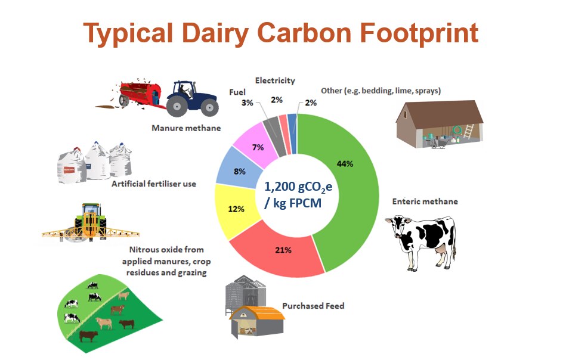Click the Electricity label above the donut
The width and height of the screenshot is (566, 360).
[274, 80]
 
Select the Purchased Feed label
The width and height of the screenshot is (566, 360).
[321, 306]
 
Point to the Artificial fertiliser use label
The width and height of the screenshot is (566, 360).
[154, 184]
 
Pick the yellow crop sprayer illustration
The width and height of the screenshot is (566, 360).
[89, 224]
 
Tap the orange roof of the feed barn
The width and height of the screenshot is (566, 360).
[256, 312]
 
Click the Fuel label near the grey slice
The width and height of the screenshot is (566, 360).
[237, 92]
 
